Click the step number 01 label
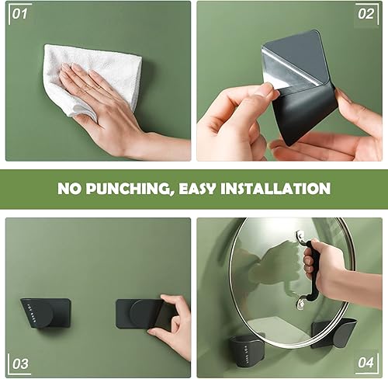point(19,14)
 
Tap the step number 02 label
point(365,14)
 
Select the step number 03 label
point(20,364)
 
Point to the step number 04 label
point(365,363)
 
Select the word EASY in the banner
point(196,189)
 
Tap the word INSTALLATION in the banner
point(275,189)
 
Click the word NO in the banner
point(69,189)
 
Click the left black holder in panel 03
point(46,313)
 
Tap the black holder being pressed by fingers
point(142,314)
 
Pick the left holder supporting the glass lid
point(247,350)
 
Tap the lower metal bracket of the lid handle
point(301,303)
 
